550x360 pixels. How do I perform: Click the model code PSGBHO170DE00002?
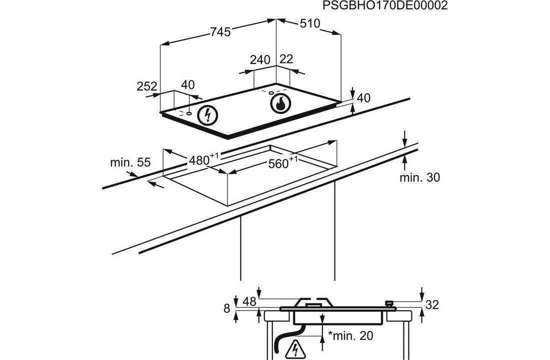click(x=384, y=5)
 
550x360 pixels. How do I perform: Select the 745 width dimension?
click(x=220, y=32)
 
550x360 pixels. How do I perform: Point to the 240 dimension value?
click(x=260, y=60)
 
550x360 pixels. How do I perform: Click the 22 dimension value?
click(x=286, y=59)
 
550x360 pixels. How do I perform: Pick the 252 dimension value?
click(x=147, y=86)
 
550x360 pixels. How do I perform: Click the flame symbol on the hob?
click(x=280, y=103)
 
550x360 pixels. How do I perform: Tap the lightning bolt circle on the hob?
click(x=207, y=115)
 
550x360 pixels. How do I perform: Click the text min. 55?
click(x=130, y=162)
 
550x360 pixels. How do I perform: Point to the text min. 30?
click(x=420, y=177)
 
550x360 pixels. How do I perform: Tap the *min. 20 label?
click(x=350, y=336)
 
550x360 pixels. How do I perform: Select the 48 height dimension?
click(x=249, y=301)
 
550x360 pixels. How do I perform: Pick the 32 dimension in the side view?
click(x=432, y=305)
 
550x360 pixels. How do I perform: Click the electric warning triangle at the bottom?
click(x=295, y=348)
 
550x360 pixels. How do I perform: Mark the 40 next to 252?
click(x=188, y=85)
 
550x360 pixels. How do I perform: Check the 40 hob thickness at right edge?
click(x=363, y=98)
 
